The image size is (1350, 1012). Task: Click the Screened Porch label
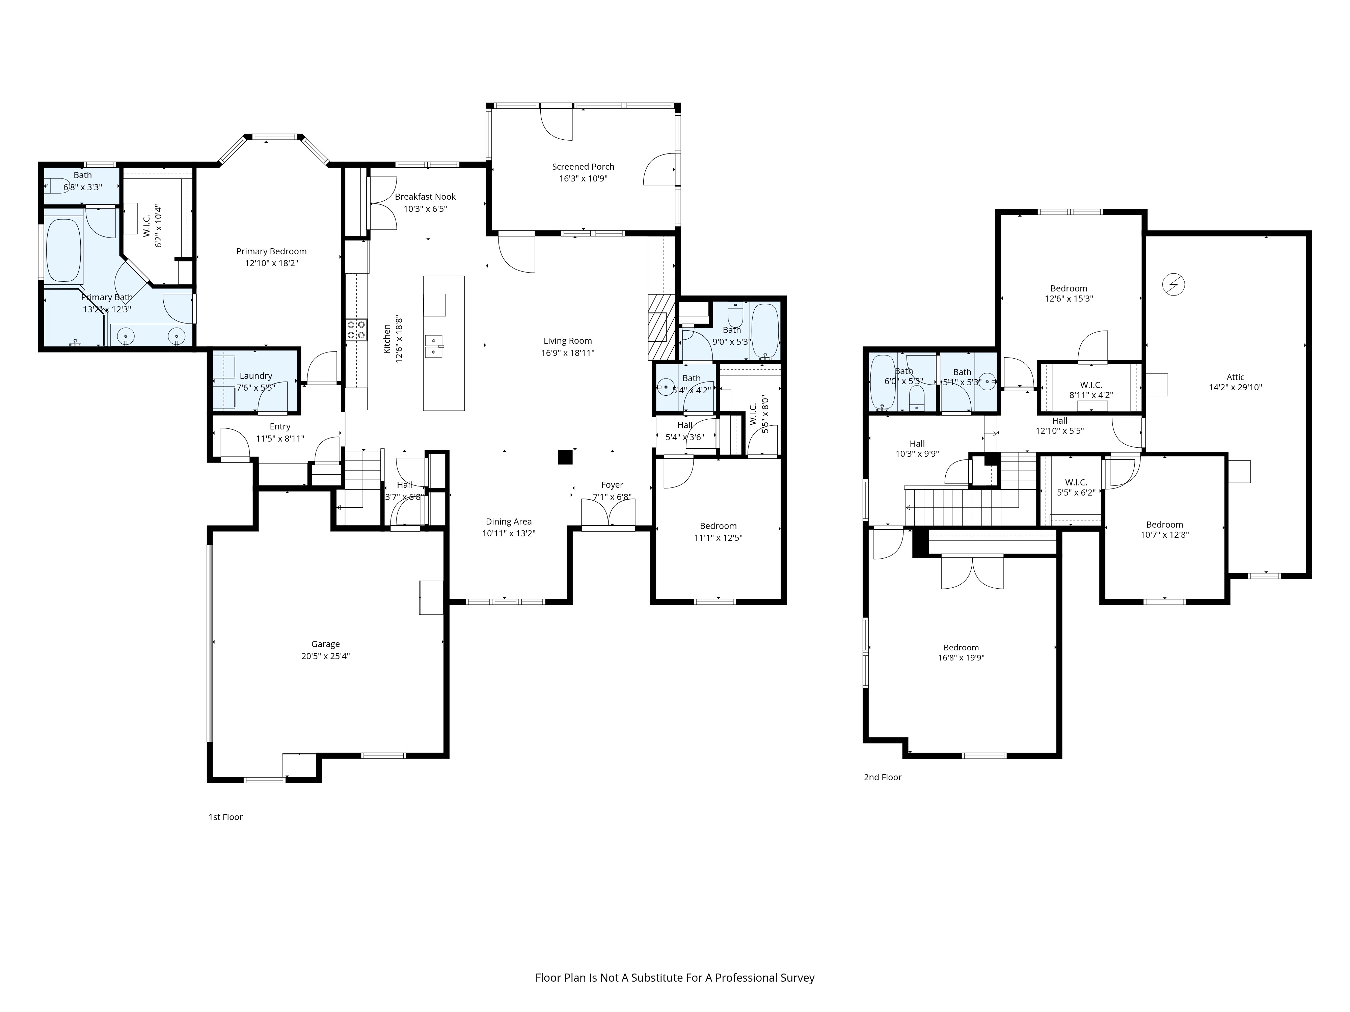click(583, 167)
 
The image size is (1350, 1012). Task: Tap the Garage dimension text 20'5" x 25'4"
click(325, 656)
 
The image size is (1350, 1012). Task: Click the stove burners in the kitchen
click(356, 330)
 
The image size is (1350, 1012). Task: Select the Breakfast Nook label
click(425, 196)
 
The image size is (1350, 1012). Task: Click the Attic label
click(1235, 377)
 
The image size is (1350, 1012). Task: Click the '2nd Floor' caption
click(883, 777)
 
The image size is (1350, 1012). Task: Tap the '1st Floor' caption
click(226, 817)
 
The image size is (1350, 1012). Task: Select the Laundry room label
click(256, 376)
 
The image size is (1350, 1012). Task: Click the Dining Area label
click(508, 522)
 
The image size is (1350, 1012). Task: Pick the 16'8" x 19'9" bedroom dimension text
click(961, 657)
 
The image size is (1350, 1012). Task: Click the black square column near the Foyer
click(565, 457)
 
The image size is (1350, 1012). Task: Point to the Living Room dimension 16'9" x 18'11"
click(568, 353)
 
